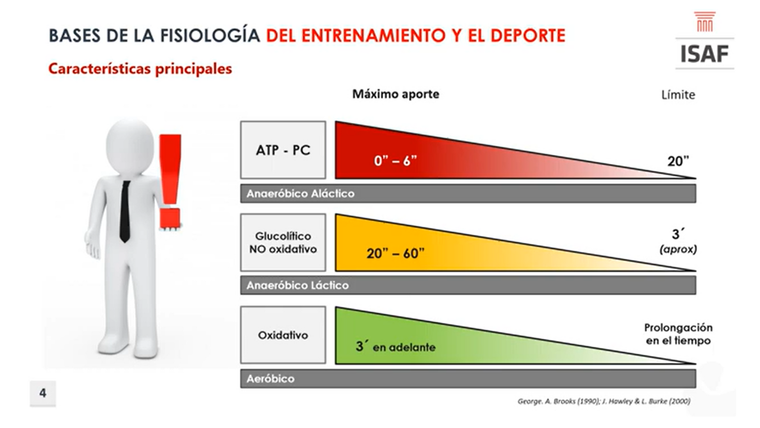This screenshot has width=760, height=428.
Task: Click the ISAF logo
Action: [705, 40]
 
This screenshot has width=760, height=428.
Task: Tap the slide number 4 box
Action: [43, 394]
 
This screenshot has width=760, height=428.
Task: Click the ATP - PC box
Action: [283, 150]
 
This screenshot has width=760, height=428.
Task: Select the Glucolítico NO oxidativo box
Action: [283, 243]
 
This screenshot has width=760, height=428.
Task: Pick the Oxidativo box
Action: [283, 335]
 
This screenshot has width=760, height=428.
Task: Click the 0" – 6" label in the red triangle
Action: [395, 160]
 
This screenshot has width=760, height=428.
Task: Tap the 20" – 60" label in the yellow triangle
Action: [395, 253]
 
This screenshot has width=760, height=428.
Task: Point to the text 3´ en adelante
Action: [395, 347]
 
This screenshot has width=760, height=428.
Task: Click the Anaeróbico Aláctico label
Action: [300, 194]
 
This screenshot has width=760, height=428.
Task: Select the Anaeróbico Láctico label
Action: [298, 285]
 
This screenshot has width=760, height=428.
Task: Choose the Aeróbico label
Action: [270, 379]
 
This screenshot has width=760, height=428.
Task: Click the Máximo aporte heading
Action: [396, 94]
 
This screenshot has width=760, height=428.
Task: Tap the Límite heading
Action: [678, 95]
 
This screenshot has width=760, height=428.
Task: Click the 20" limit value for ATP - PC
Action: [678, 161]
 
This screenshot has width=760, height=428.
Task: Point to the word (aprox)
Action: [678, 250]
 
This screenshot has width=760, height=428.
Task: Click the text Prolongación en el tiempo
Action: [678, 334]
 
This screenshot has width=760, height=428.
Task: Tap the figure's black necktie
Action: [125, 211]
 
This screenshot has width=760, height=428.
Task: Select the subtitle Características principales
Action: [140, 69]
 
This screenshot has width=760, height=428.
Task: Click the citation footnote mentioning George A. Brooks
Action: [604, 401]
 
